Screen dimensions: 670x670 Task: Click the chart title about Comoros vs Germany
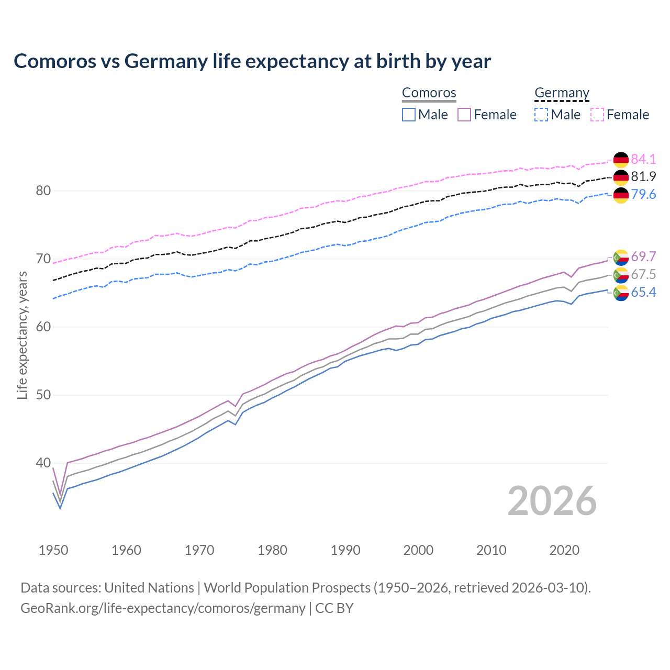point(252,61)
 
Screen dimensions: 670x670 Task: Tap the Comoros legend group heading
point(429,93)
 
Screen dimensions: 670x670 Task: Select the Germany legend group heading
point(562,93)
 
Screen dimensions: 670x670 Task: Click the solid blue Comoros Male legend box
point(409,115)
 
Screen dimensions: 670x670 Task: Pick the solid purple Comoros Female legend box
point(464,115)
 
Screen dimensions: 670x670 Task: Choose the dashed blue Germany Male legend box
point(541,115)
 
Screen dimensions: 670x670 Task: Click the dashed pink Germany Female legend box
point(597,115)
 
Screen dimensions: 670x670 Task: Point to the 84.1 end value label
point(643,159)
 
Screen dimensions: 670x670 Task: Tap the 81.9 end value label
point(643,177)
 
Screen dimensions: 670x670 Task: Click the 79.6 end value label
point(643,195)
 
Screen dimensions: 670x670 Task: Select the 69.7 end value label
point(643,256)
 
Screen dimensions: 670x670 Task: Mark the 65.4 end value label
point(643,292)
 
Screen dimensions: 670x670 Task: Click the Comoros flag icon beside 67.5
point(621,275)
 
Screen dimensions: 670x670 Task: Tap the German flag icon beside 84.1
point(621,160)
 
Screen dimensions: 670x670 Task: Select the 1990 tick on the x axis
point(345,550)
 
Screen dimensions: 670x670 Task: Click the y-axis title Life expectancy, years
point(22,335)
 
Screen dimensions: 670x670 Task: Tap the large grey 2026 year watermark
point(552,501)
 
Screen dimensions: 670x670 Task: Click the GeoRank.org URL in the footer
point(163,608)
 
